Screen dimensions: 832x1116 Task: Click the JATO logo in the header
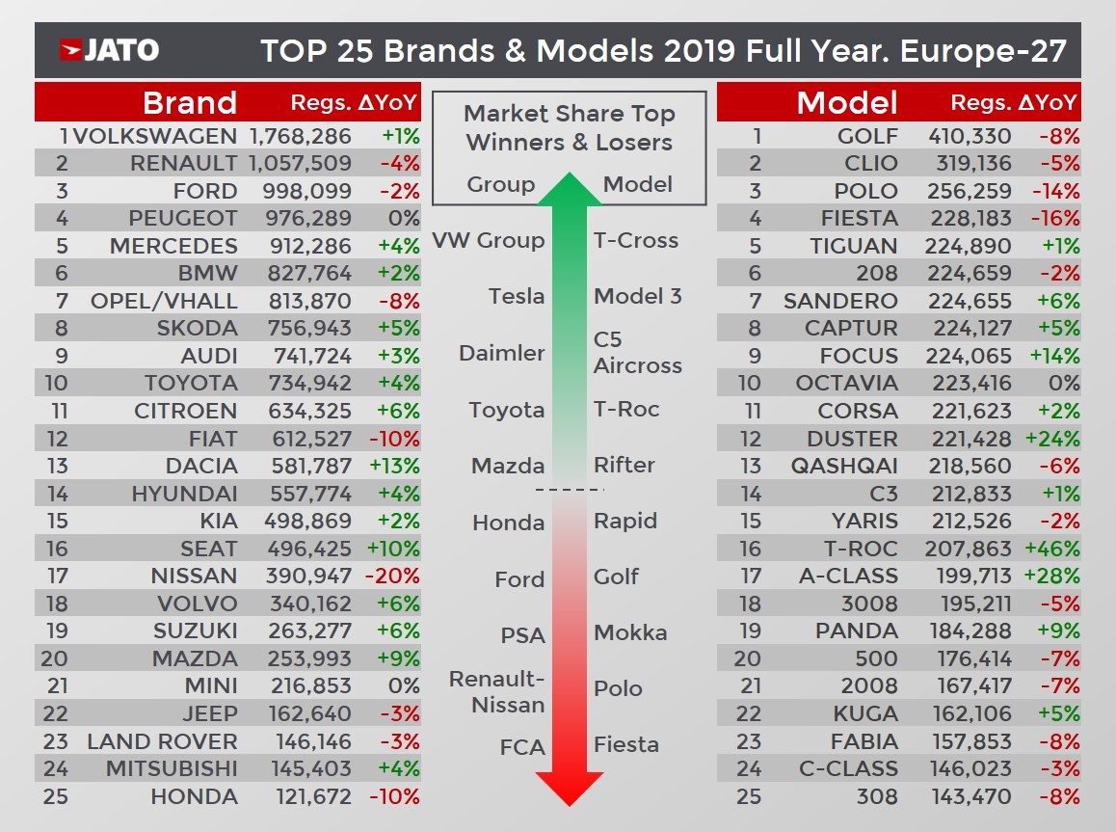pyautogui.click(x=109, y=50)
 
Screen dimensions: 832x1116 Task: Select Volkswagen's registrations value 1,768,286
pyautogui.click(x=300, y=136)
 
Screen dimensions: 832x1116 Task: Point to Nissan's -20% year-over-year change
pyautogui.click(x=394, y=577)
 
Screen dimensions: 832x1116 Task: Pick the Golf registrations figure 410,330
pyautogui.click(x=969, y=136)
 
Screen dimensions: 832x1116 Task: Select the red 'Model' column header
pyautogui.click(x=847, y=102)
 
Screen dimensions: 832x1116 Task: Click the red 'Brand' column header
pyautogui.click(x=189, y=102)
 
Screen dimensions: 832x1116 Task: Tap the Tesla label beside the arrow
pyautogui.click(x=517, y=297)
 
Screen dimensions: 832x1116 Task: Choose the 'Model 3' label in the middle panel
pyautogui.click(x=637, y=297)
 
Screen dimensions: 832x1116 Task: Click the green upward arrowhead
pyautogui.click(x=569, y=191)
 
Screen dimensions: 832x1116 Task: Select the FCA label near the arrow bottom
pyautogui.click(x=522, y=747)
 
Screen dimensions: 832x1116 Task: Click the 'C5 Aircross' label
pyautogui.click(x=637, y=353)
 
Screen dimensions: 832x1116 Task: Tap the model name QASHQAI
pyautogui.click(x=843, y=467)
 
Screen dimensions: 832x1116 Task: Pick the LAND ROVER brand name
pyautogui.click(x=162, y=742)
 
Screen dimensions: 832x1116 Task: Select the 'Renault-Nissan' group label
pyautogui.click(x=497, y=692)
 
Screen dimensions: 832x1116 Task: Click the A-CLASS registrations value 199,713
pyautogui.click(x=969, y=577)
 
